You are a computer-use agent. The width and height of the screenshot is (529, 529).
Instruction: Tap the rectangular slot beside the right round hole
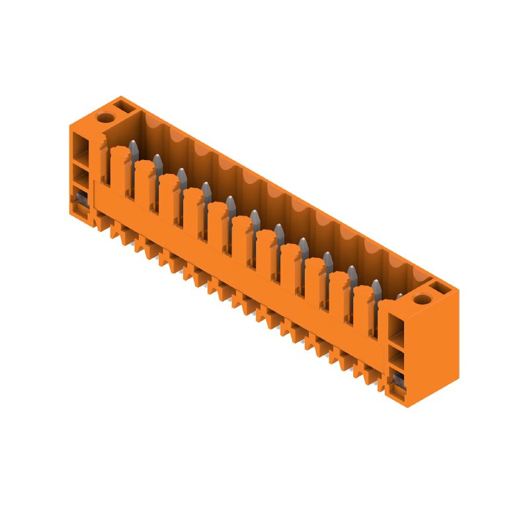point(439,288)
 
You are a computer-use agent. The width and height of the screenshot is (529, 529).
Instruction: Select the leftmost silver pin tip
point(133,149)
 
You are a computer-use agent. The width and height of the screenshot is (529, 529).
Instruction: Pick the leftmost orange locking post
point(120,169)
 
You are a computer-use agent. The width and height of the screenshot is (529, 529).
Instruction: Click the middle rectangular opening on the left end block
point(81,175)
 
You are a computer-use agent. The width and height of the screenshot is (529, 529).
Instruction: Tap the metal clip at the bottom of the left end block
point(80,200)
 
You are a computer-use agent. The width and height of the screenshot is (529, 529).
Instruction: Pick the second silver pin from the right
point(376,288)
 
